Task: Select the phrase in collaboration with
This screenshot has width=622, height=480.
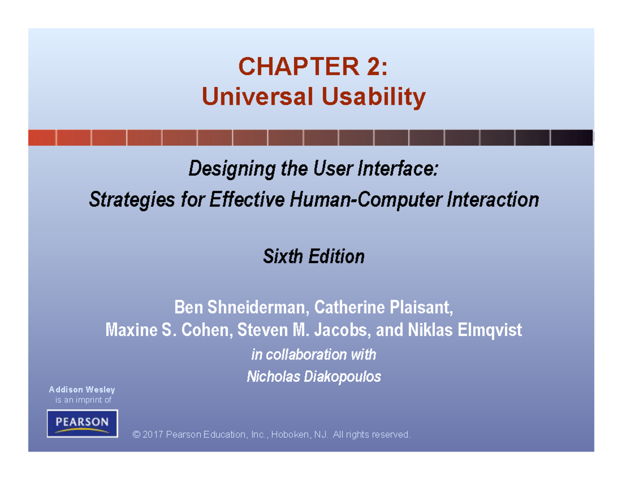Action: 314,355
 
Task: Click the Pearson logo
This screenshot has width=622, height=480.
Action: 82,423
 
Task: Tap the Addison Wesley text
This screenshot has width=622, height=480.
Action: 82,389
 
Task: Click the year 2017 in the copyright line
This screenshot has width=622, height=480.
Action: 153,434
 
